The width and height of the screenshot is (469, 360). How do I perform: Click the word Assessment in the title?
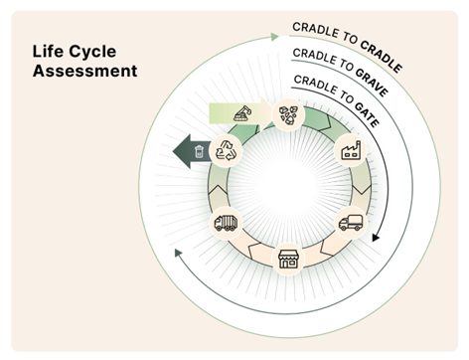point(84,72)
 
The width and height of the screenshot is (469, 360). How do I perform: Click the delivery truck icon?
point(350,223)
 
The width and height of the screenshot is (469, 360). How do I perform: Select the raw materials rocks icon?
point(288,115)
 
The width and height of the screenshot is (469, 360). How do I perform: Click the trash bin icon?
point(200,151)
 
